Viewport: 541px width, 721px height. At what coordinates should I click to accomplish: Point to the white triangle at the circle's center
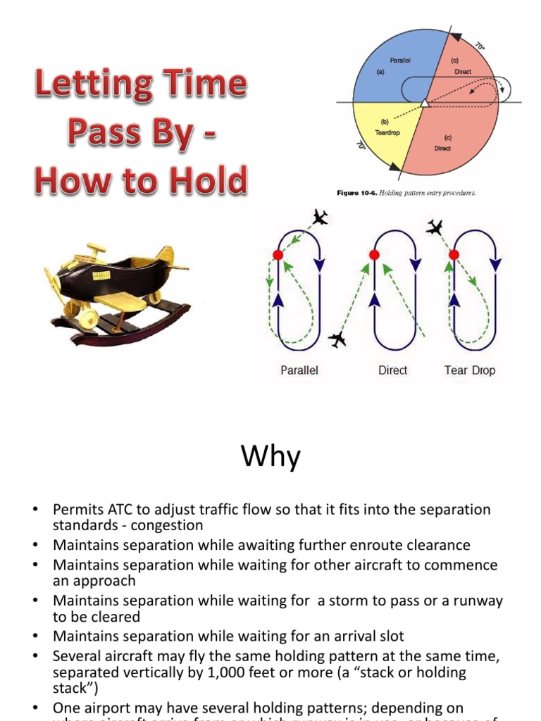(x=424, y=104)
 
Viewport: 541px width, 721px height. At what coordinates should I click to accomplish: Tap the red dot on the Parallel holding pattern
(x=278, y=254)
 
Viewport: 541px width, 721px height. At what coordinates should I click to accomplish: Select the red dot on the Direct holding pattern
(x=375, y=254)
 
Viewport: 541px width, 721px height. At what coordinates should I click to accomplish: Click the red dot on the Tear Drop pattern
(x=454, y=254)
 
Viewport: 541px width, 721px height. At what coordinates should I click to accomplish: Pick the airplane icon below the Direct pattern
(x=337, y=339)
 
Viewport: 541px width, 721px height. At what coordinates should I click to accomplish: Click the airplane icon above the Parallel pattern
(x=321, y=217)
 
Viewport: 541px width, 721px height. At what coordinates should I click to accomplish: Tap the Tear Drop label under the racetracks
(x=469, y=370)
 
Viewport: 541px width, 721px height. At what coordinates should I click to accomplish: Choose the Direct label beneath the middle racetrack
(x=392, y=370)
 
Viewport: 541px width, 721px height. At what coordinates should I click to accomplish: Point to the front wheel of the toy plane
(x=87, y=318)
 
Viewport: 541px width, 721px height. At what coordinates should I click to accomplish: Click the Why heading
(x=270, y=458)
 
